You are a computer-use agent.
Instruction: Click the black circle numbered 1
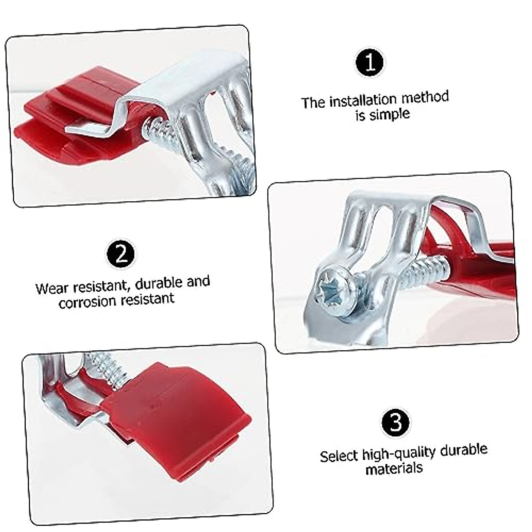[369, 63]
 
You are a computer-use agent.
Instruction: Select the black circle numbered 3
[395, 423]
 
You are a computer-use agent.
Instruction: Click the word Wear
[52, 288]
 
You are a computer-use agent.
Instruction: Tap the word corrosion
[86, 302]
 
